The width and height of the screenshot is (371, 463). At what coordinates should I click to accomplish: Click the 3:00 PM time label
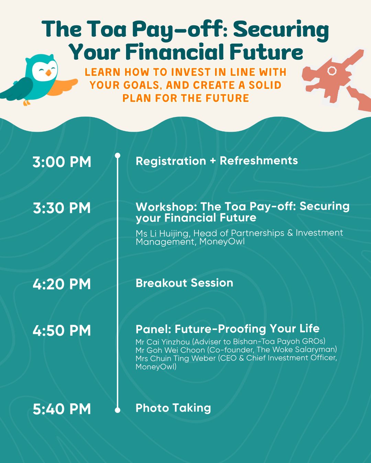[x=62, y=162]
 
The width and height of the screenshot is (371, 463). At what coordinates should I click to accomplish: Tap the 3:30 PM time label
[x=62, y=208]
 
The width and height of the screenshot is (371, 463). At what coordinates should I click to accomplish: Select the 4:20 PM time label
[x=62, y=284]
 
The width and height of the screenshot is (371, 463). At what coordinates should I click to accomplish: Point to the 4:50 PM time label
[x=62, y=330]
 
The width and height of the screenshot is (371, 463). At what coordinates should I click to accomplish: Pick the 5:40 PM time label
[x=62, y=409]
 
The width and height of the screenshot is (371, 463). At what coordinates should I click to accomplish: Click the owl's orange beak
[x=48, y=73]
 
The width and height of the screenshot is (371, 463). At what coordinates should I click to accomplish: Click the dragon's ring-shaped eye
[x=332, y=71]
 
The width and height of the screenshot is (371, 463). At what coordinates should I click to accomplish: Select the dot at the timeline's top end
[x=117, y=155]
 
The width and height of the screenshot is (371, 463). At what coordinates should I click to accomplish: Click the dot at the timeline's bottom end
[x=117, y=410]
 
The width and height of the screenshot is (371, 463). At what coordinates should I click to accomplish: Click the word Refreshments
[x=259, y=161]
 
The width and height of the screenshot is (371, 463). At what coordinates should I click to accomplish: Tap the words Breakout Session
[x=184, y=283]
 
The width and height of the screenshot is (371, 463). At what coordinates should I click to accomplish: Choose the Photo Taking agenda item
[x=173, y=408]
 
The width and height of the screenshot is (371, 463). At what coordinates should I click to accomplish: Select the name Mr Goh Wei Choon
[x=170, y=350]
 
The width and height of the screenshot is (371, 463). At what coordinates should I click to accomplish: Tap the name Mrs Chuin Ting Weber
[x=176, y=358]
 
